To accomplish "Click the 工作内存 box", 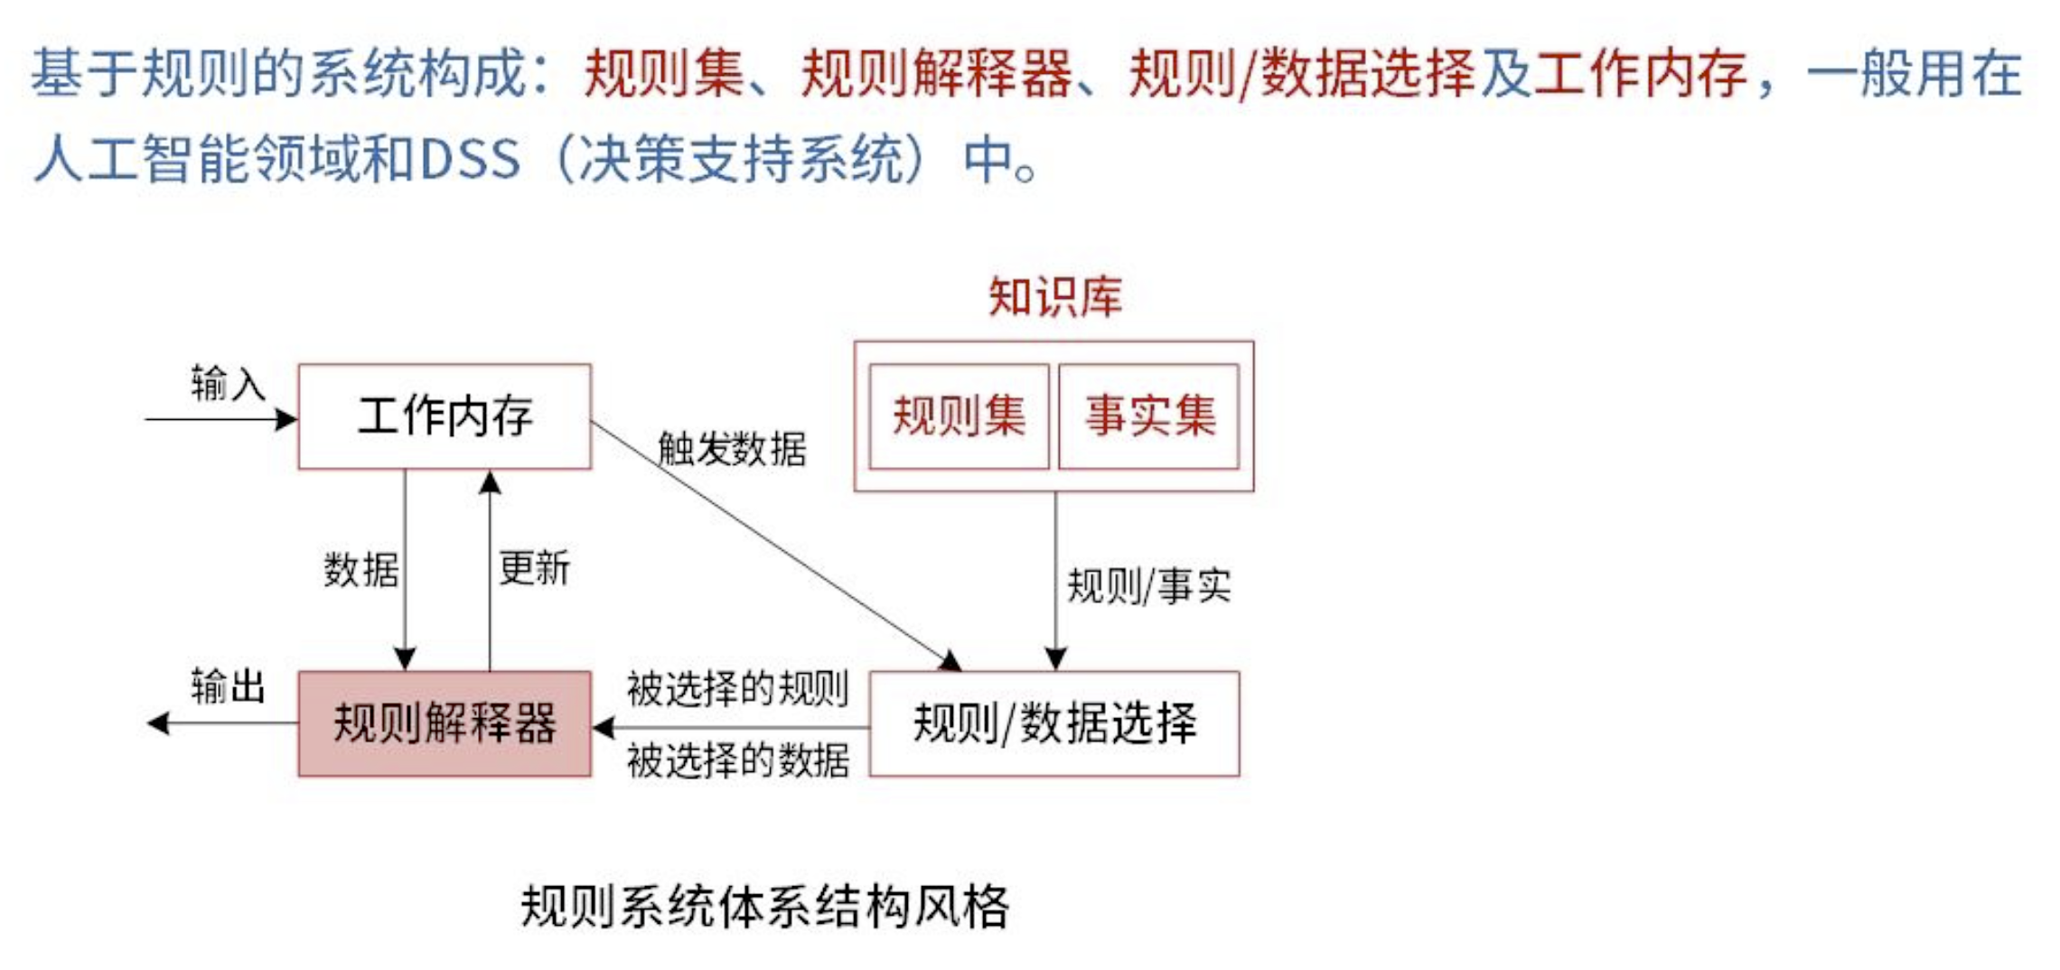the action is pos(445,416).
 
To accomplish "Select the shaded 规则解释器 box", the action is pos(445,723).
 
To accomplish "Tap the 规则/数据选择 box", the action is pos(1054,723).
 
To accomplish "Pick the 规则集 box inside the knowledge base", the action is pos(959,416).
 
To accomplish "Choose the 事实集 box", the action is pos(1149,416).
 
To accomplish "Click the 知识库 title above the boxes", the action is pos(1054,296).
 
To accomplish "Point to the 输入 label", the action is pos(228,384).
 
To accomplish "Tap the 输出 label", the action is pos(228,686).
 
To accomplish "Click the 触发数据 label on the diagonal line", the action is pos(732,449).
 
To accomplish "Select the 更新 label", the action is pos(534,569).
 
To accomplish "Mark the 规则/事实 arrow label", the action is pos(1148,586).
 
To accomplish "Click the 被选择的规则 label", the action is pos(737,689).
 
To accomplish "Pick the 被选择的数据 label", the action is pos(737,760).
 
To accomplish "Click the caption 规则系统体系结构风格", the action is pos(764,906).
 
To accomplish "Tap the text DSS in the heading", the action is pos(470,159).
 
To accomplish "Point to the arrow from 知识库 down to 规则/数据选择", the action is pos(1055,578).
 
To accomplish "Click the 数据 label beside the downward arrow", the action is pos(360,570).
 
